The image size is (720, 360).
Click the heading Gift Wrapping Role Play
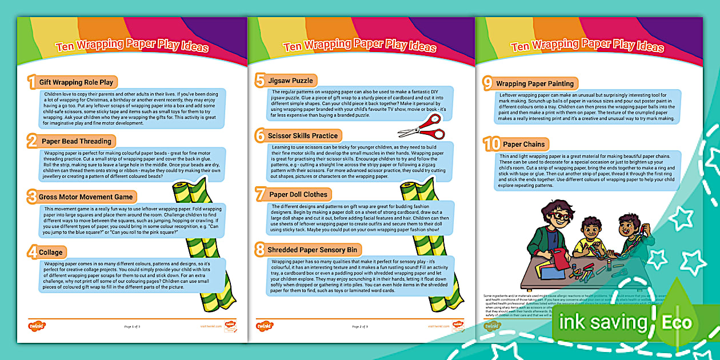pyautogui.click(x=76, y=82)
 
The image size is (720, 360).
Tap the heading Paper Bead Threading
pyautogui.click(x=77, y=141)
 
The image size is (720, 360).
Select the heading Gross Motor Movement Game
pyautogui.click(x=86, y=197)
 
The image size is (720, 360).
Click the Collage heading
pyautogui.click(x=51, y=252)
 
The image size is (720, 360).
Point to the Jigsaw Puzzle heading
pyautogui.click(x=291, y=81)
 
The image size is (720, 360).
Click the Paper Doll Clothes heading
pyautogui.click(x=298, y=194)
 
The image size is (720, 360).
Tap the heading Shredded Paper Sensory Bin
pyautogui.click(x=312, y=250)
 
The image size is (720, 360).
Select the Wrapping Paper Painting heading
pyautogui.click(x=535, y=83)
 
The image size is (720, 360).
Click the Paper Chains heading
pyautogui.click(x=524, y=144)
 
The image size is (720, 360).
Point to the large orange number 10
pyautogui.click(x=491, y=143)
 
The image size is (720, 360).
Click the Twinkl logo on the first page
pyautogui.click(x=37, y=326)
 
